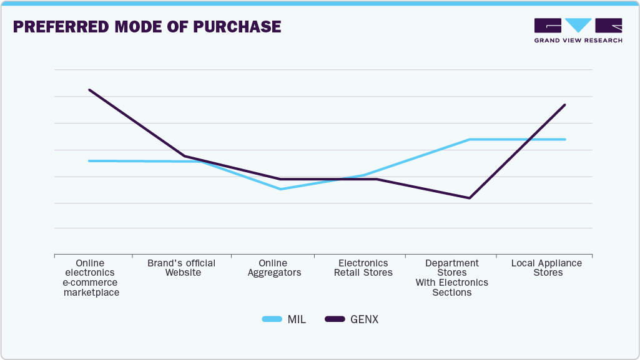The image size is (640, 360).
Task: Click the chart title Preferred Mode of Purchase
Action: coord(147,27)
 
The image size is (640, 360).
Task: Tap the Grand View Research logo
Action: coord(578,31)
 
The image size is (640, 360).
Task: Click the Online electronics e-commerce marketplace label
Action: coord(91,278)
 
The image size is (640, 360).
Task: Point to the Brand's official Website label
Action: coord(182,268)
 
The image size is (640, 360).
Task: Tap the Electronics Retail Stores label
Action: coord(363,268)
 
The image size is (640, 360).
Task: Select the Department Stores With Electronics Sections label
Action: coord(452,278)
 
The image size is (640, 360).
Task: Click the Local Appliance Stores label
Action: coord(546,268)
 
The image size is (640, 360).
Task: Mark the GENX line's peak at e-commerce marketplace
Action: coord(89,90)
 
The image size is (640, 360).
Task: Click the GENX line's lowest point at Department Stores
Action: coord(470,198)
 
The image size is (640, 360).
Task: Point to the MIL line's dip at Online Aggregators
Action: coord(280,189)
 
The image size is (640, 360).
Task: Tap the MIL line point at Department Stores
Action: coord(470,139)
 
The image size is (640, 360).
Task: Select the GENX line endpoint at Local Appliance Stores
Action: coord(565,105)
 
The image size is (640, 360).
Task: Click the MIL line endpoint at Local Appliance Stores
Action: coord(565,139)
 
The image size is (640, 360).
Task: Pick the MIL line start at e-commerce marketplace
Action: coord(89,161)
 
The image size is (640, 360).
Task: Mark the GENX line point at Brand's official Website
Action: coord(185,156)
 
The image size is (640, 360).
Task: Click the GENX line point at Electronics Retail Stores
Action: coord(375,179)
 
